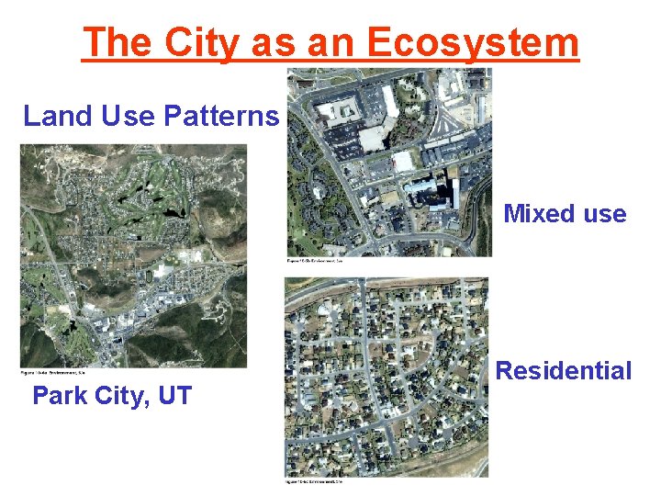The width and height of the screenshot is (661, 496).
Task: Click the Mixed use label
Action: (x=565, y=214)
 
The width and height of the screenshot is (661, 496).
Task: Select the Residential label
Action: (x=564, y=370)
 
